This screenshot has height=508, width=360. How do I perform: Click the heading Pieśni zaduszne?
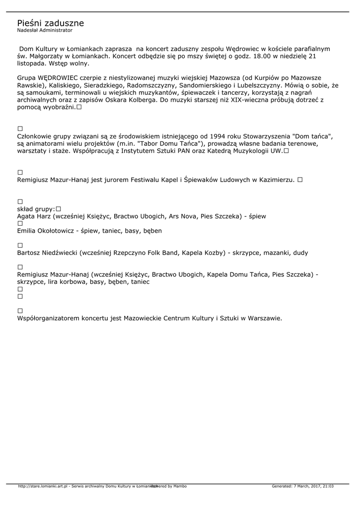[x=50, y=23]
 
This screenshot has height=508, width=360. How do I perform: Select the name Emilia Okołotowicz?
[x=45, y=231]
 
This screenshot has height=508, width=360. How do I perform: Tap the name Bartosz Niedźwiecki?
[x=47, y=253]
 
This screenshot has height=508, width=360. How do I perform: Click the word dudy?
[x=300, y=253]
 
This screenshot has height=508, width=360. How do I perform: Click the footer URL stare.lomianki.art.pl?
[x=43, y=486]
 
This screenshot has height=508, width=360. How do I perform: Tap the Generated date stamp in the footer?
[x=302, y=486]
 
